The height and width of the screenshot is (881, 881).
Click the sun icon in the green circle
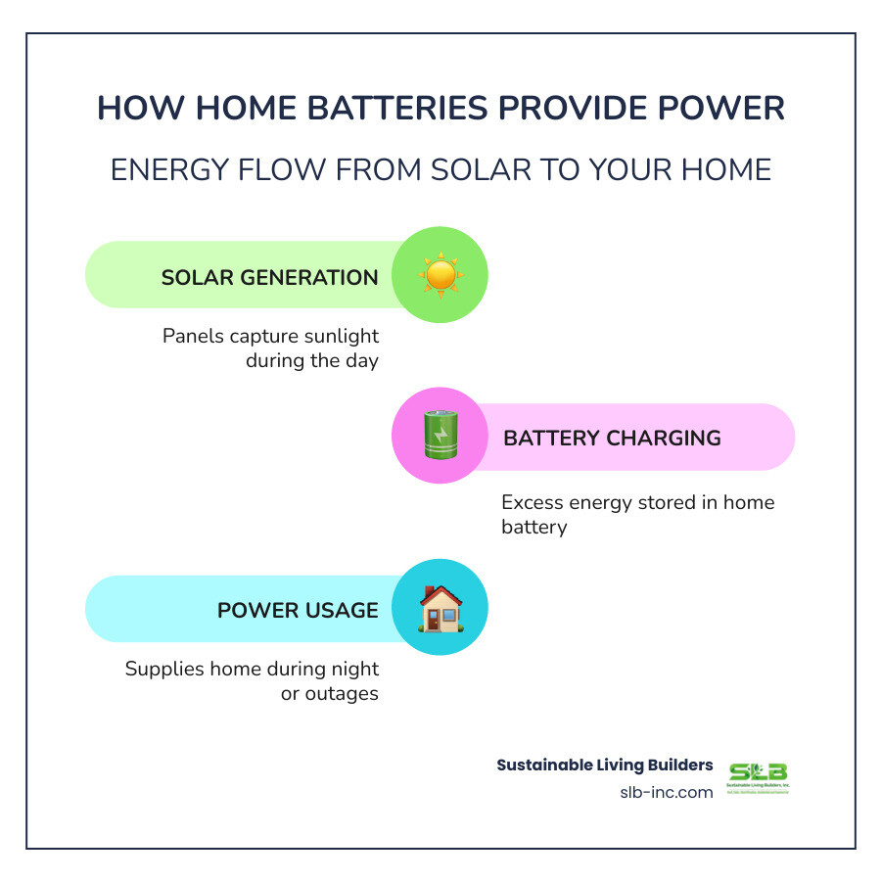click(x=440, y=275)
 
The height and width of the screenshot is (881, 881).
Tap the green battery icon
click(x=440, y=437)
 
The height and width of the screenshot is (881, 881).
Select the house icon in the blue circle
click(x=440, y=608)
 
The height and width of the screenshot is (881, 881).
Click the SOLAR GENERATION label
click(x=269, y=277)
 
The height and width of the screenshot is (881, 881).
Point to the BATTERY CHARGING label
click(x=612, y=438)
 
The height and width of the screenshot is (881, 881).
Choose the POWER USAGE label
click(x=298, y=610)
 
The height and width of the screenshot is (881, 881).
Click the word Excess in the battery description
click(x=533, y=502)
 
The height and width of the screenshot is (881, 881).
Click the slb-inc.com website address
click(x=667, y=792)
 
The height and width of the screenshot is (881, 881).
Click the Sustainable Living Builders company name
click(x=605, y=765)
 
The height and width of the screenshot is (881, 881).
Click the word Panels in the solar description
click(x=192, y=336)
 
